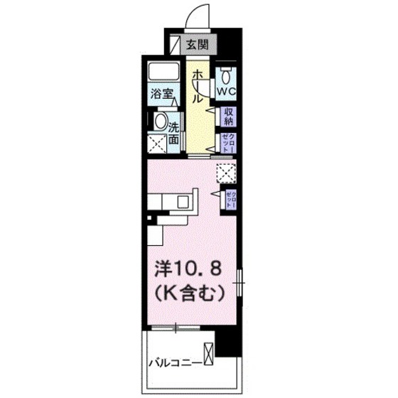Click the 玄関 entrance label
(x=197, y=45)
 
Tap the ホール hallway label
(x=198, y=85)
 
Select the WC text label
(x=227, y=92)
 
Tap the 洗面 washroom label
(x=173, y=134)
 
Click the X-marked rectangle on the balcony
(x=208, y=353)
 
